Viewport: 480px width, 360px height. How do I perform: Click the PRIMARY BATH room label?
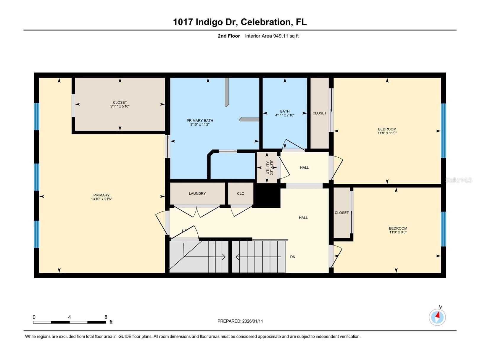click(x=200, y=120)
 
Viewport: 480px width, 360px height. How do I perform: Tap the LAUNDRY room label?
click(x=197, y=193)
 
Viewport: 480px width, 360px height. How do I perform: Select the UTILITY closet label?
click(x=268, y=168)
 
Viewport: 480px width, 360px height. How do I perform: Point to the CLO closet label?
click(x=241, y=193)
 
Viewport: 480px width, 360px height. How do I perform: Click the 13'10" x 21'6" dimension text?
click(x=102, y=199)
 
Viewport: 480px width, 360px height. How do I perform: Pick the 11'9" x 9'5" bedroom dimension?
click(x=398, y=232)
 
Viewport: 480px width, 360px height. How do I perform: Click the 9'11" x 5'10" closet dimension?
click(x=120, y=106)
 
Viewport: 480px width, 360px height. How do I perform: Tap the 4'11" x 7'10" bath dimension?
click(x=285, y=115)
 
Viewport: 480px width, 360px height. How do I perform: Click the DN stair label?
click(x=293, y=257)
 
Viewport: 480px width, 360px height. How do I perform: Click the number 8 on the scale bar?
click(x=106, y=317)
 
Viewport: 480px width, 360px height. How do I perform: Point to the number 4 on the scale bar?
click(x=69, y=317)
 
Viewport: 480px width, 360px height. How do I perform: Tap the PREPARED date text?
click(x=240, y=321)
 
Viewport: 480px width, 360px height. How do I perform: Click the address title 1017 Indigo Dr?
click(x=205, y=22)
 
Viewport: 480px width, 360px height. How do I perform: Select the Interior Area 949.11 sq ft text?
click(x=272, y=36)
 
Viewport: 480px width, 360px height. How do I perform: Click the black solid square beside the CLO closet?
click(x=267, y=196)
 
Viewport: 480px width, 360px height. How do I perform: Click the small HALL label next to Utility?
click(x=304, y=168)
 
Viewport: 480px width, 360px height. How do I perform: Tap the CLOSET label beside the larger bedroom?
click(x=320, y=113)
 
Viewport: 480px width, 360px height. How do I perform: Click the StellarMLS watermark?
click(x=459, y=180)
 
